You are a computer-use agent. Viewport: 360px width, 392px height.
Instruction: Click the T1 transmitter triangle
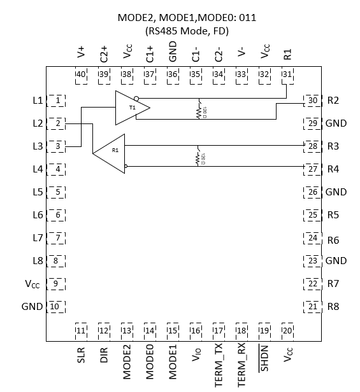click(x=131, y=108)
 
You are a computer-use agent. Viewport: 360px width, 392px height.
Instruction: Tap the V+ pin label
click(x=81, y=54)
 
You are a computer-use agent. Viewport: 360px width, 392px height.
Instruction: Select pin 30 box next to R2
click(x=312, y=101)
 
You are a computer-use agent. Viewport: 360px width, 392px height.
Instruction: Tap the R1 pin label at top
click(x=287, y=54)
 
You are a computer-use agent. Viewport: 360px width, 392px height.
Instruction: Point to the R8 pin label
click(x=333, y=307)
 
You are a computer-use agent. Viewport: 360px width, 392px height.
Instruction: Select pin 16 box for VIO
click(x=196, y=330)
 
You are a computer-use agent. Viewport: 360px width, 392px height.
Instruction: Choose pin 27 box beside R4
click(x=312, y=169)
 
